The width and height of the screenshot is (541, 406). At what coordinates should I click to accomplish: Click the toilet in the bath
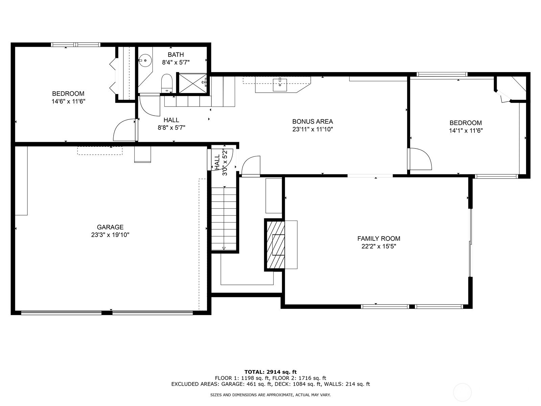[167, 83]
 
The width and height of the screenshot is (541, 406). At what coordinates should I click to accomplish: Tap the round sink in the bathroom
[145, 60]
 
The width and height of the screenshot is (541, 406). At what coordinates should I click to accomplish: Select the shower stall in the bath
[193, 83]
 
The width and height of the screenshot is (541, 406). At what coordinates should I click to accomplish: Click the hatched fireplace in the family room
[275, 245]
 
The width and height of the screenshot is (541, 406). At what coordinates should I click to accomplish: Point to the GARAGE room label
[110, 227]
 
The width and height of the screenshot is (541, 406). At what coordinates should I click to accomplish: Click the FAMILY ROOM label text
[379, 239]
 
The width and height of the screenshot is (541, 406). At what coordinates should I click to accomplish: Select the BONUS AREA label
[312, 121]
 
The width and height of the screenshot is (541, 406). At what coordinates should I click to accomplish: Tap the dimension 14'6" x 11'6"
[68, 101]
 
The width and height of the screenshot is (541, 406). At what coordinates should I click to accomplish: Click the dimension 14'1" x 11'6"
[466, 130]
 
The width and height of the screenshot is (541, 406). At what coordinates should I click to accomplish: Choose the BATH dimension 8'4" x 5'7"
[176, 62]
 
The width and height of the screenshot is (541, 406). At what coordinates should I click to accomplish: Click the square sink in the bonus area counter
[280, 85]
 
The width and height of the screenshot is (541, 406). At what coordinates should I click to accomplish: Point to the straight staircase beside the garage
[224, 218]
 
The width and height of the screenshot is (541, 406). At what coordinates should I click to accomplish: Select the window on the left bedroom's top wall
[76, 45]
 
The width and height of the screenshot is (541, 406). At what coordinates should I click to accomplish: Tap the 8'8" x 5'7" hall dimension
[171, 128]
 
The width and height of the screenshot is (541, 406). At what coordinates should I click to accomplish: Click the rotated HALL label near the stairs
[217, 162]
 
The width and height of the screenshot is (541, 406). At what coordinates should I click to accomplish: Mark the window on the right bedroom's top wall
[442, 74]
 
